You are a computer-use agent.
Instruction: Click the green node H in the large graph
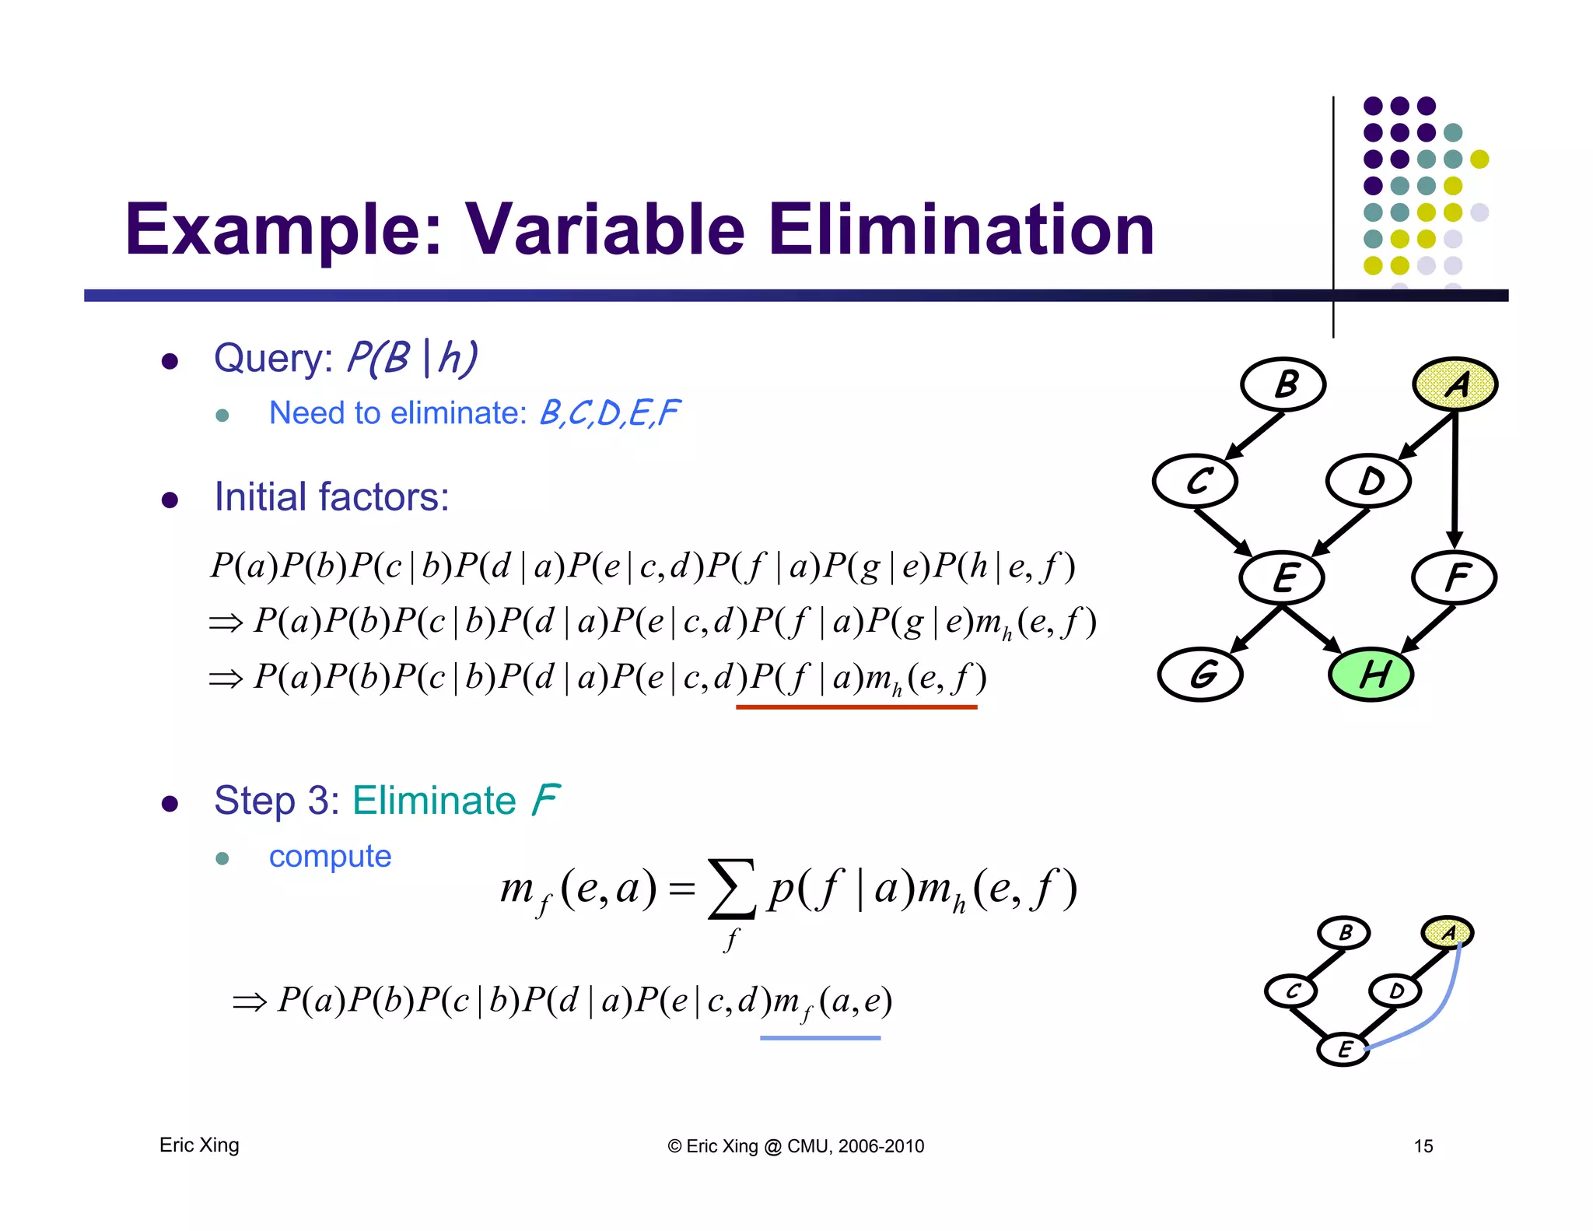1371,674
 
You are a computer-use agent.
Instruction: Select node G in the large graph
1200,674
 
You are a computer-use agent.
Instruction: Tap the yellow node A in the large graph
1455,384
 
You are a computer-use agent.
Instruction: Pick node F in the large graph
1454,577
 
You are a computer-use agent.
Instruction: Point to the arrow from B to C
1254,436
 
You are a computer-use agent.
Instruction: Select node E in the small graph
1343,1049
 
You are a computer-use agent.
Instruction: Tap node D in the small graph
1395,991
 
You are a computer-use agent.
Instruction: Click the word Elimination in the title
961,230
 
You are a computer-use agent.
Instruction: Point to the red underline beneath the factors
856,707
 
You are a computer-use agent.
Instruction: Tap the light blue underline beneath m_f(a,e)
820,1037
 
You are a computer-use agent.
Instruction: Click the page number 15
1423,1145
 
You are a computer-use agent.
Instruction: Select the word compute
330,856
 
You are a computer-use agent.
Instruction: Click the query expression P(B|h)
411,359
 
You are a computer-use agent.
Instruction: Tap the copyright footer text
796,1145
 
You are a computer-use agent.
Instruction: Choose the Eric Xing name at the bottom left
199,1145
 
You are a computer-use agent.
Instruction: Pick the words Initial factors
331,496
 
